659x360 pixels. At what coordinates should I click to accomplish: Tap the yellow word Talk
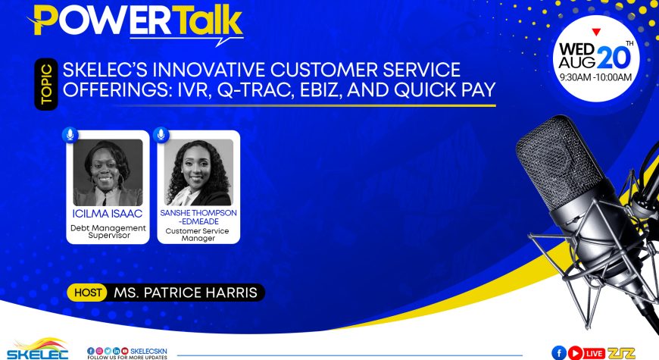click(x=208, y=20)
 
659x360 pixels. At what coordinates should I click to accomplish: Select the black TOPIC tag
click(x=46, y=84)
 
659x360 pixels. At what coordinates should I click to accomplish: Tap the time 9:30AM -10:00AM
click(x=595, y=77)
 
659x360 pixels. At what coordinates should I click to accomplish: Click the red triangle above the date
click(x=596, y=32)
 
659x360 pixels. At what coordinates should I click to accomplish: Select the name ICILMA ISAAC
click(x=107, y=214)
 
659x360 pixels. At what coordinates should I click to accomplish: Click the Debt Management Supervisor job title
click(x=108, y=231)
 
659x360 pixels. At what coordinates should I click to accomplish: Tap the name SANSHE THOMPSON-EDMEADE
click(x=198, y=217)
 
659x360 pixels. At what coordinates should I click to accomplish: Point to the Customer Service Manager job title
click(x=198, y=234)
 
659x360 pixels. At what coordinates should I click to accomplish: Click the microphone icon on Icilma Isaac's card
click(x=70, y=135)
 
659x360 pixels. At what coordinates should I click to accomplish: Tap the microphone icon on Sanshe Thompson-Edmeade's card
click(x=161, y=135)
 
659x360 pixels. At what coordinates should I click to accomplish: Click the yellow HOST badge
click(x=88, y=293)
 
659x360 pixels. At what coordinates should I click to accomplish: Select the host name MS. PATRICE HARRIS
click(x=186, y=293)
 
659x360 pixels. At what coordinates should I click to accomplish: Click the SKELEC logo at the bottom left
click(x=37, y=349)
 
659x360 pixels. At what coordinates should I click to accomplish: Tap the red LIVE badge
click(x=594, y=353)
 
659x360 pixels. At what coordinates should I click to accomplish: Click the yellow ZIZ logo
click(x=621, y=353)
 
